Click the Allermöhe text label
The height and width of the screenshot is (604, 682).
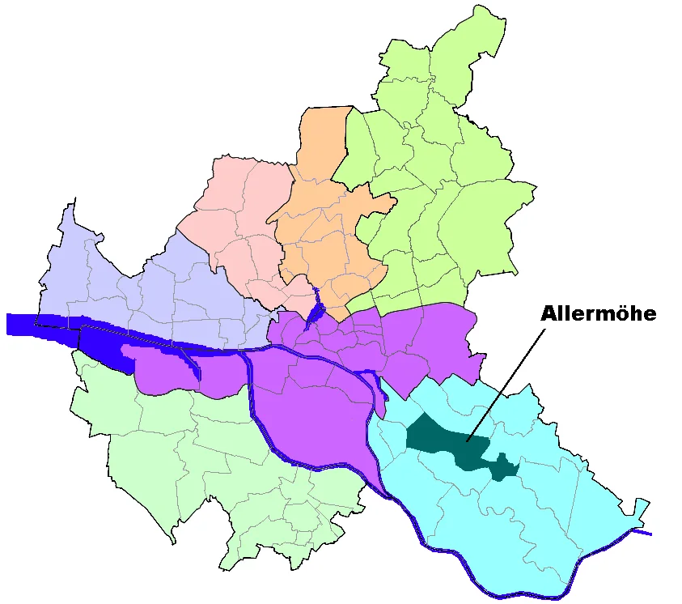point(598,314)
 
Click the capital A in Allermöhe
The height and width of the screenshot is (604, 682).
point(549,314)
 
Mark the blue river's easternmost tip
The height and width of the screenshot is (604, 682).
point(650,534)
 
